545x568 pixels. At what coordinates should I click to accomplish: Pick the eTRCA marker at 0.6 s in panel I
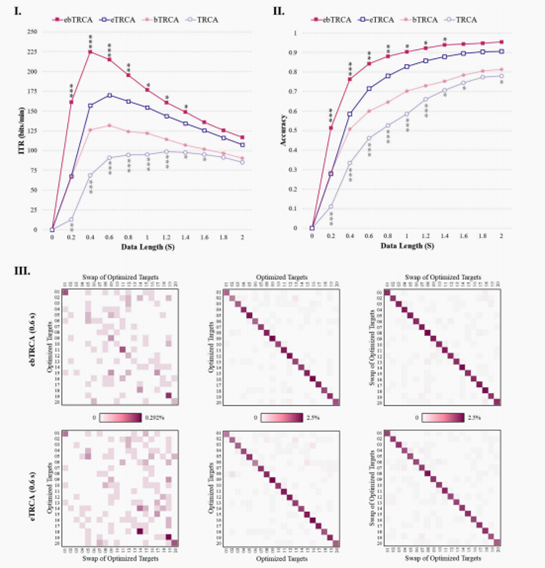[x=109, y=95]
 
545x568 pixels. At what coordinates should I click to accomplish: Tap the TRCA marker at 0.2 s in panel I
[x=72, y=219]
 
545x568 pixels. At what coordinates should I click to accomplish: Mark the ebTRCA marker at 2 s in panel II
[x=501, y=42]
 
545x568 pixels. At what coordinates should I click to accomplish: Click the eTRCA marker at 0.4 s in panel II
[x=350, y=114]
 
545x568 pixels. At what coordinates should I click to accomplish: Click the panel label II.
[x=278, y=10]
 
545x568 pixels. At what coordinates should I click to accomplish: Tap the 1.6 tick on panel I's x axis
[x=205, y=237]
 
